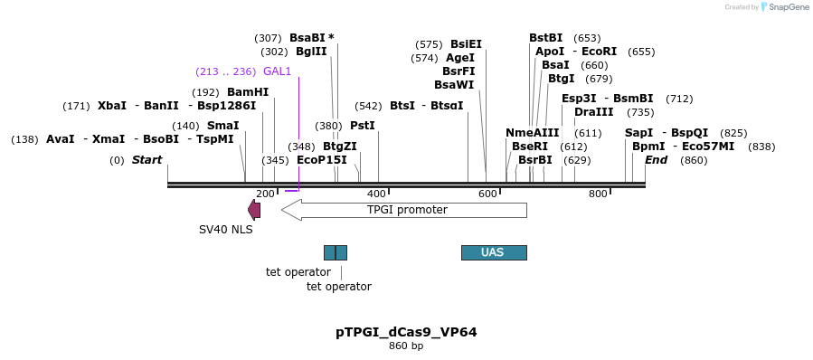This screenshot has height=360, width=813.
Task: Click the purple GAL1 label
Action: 277,71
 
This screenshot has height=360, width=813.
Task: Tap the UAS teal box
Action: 493,252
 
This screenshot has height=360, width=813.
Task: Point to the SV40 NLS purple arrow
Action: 254,210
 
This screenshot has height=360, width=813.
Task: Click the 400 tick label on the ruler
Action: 376,194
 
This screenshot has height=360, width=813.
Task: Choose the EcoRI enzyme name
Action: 600,52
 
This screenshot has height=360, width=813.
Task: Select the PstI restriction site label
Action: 362,126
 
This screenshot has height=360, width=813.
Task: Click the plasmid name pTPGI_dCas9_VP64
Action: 406,332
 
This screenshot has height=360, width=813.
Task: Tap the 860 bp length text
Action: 406,346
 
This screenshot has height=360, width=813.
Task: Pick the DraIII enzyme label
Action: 593,112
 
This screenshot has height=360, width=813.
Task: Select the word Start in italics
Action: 147,160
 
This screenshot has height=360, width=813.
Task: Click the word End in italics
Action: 656,160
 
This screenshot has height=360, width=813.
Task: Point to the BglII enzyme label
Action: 310,52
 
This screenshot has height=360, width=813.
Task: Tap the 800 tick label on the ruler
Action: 598,194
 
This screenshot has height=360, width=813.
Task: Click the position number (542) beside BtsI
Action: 368,106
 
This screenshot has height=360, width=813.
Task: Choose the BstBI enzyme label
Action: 545,38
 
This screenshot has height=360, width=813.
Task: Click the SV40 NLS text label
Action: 226,229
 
